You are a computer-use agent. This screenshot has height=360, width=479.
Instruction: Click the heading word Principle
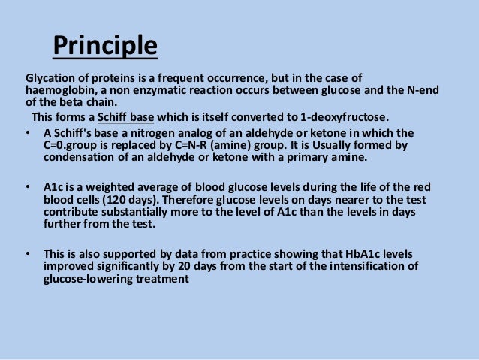pos(105,47)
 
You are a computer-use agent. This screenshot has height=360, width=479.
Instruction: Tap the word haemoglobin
pos(60,91)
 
